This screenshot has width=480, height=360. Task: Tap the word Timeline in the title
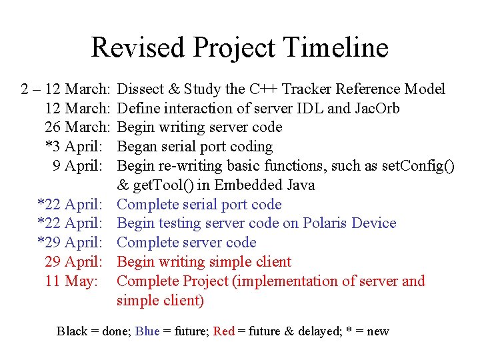pyautogui.click(x=335, y=48)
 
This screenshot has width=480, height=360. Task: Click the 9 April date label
pyautogui.click(x=80, y=166)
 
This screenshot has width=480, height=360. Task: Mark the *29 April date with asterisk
pyautogui.click(x=70, y=243)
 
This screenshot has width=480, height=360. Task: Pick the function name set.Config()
pyautogui.click(x=417, y=166)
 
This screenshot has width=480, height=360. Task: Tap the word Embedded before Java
pyautogui.click(x=250, y=185)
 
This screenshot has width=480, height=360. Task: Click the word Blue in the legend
pyautogui.click(x=147, y=331)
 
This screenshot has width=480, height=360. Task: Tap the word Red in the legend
pyautogui.click(x=224, y=331)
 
